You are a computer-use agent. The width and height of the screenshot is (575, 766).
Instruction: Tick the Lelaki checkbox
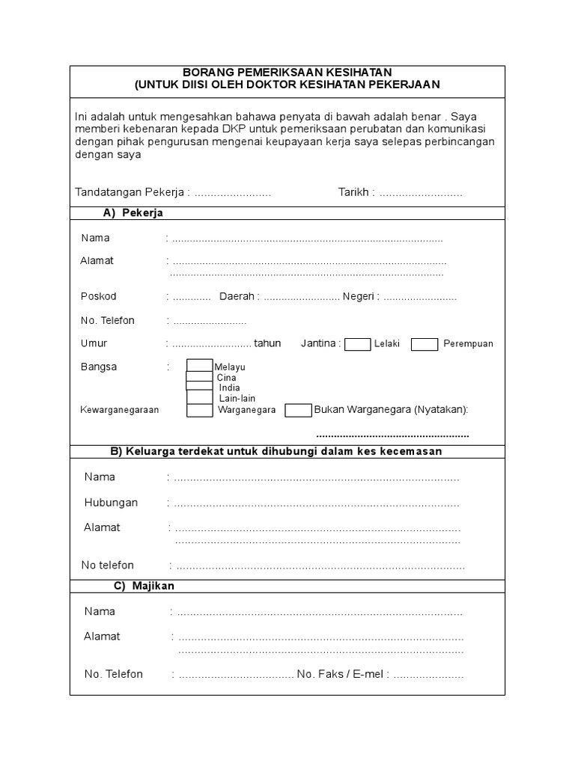pyautogui.click(x=357, y=344)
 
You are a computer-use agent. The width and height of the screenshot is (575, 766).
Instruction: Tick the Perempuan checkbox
pyautogui.click(x=425, y=344)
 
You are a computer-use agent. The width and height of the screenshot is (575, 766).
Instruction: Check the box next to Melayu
pyautogui.click(x=199, y=366)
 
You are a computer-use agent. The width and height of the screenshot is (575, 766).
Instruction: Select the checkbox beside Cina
pyautogui.click(x=199, y=377)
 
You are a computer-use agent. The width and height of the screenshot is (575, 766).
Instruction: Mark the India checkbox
pyautogui.click(x=199, y=387)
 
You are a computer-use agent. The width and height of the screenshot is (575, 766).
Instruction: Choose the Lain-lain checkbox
pyautogui.click(x=199, y=398)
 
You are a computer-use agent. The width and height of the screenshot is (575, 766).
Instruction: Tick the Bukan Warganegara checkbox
pyautogui.click(x=299, y=410)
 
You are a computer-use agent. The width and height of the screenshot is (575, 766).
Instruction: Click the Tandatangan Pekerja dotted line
pyautogui.click(x=233, y=193)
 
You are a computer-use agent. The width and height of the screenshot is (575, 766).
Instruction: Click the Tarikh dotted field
pyautogui.click(x=421, y=193)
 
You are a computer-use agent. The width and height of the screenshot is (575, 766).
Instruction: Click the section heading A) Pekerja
pyautogui.click(x=133, y=213)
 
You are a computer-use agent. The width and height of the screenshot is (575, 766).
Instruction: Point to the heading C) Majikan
pyautogui.click(x=144, y=586)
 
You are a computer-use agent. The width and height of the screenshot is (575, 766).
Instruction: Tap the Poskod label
pyautogui.click(x=99, y=296)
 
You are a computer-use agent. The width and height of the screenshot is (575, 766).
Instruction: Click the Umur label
pyautogui.click(x=94, y=343)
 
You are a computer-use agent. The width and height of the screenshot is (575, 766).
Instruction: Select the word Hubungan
pyautogui.click(x=111, y=503)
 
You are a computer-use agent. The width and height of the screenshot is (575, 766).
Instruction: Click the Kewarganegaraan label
pyautogui.click(x=120, y=411)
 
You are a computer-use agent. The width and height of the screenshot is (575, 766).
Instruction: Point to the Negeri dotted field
pyautogui.click(x=419, y=297)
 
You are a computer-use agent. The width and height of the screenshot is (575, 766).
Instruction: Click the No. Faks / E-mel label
pyautogui.click(x=341, y=674)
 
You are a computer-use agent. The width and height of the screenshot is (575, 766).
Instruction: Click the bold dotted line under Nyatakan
pyautogui.click(x=392, y=435)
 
